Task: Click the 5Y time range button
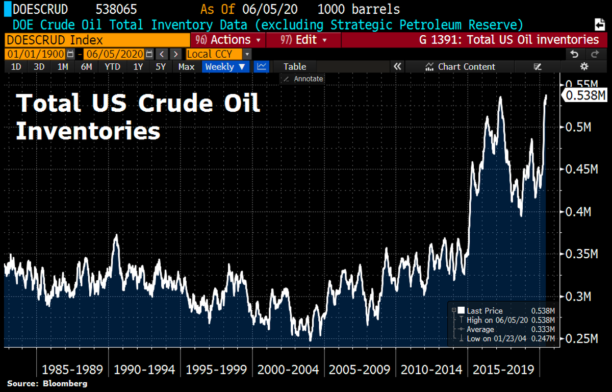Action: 161,66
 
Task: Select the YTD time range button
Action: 112,66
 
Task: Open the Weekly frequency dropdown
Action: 225,66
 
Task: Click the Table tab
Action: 295,66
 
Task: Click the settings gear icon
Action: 584,66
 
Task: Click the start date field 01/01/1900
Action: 35,54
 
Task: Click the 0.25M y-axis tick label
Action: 581,338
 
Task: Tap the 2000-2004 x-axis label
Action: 288,370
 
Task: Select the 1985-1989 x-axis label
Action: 72,370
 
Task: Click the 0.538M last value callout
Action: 584,95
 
